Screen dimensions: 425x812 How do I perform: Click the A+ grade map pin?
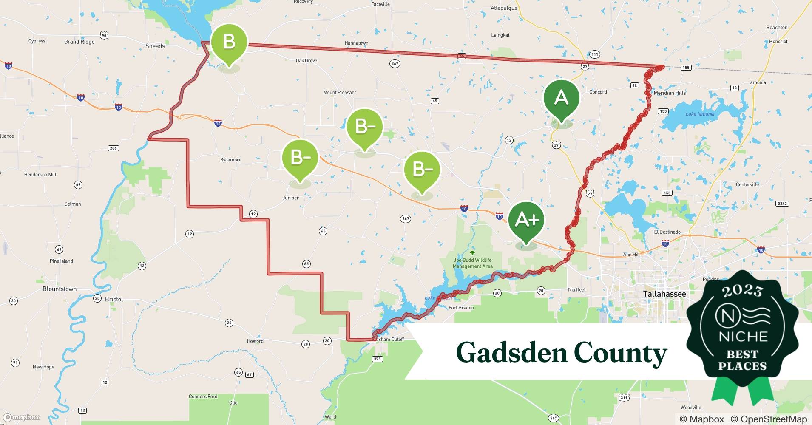coord(526,220)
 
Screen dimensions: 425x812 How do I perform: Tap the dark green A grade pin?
coord(561,98)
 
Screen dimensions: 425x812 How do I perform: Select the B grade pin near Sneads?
coord(229,42)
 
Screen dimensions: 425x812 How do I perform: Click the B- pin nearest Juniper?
coord(300,158)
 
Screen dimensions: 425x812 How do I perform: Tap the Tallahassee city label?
coord(664,294)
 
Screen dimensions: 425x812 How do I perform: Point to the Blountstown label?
coord(60,289)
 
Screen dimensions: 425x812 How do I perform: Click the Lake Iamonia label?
coord(700,114)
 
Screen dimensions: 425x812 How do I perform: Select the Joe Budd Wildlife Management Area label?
coord(472,263)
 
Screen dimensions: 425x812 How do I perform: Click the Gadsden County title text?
coord(561,352)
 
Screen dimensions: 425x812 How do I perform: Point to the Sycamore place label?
coord(231,160)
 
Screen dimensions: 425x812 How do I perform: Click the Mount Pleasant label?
coord(339,92)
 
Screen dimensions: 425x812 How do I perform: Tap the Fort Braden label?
coord(461,308)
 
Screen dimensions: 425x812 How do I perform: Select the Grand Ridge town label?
coord(79,42)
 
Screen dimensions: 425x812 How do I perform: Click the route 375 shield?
coord(377,359)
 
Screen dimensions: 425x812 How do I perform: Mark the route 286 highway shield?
coord(113,148)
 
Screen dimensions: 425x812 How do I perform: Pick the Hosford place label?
coord(255,341)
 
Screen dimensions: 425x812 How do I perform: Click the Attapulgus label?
coord(504,8)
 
